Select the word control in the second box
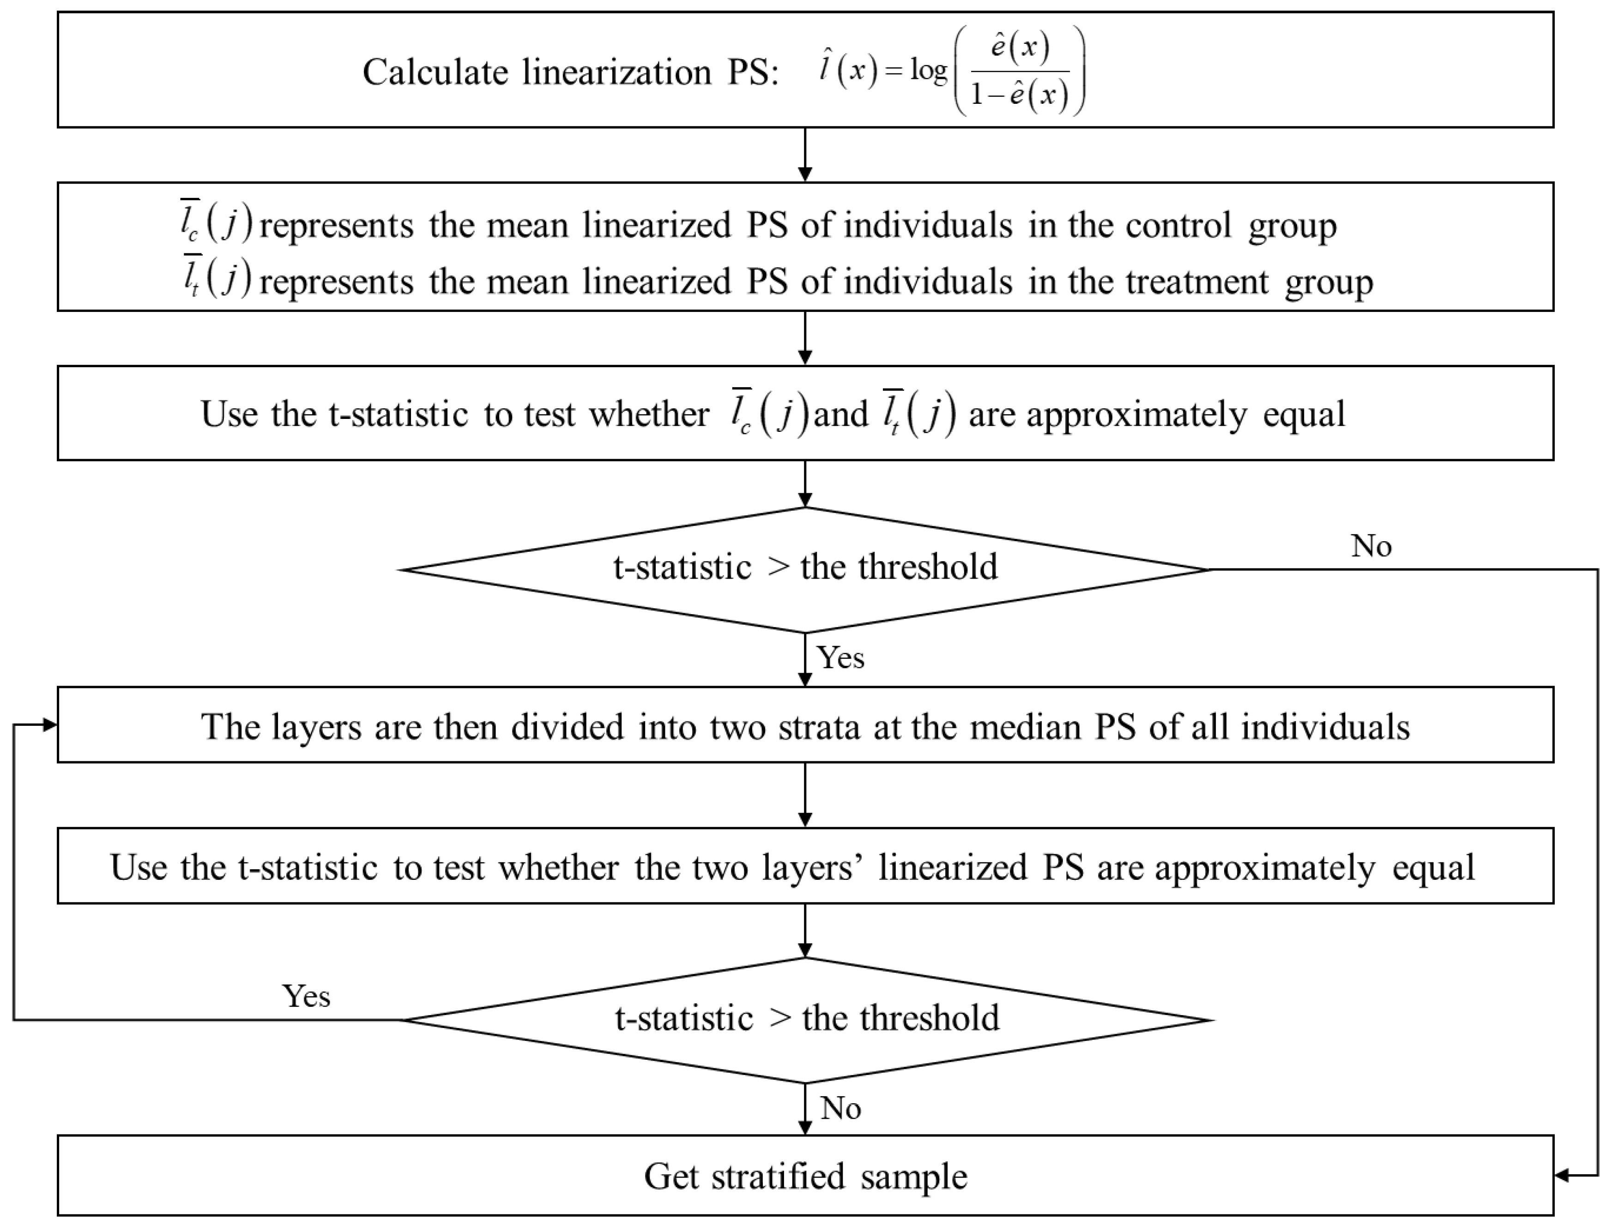pos(1178,225)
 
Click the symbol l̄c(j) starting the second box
pos(216,222)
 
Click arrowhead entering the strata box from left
pos(50,725)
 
